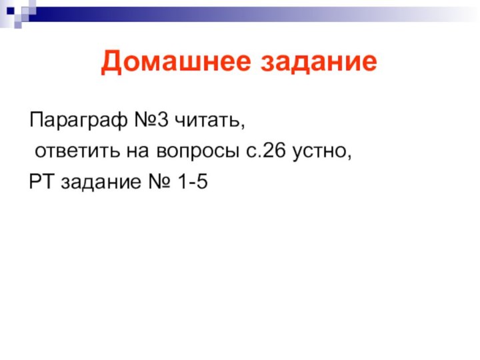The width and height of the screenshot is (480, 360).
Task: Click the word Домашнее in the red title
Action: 176,63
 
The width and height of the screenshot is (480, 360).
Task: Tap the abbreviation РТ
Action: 43,181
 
